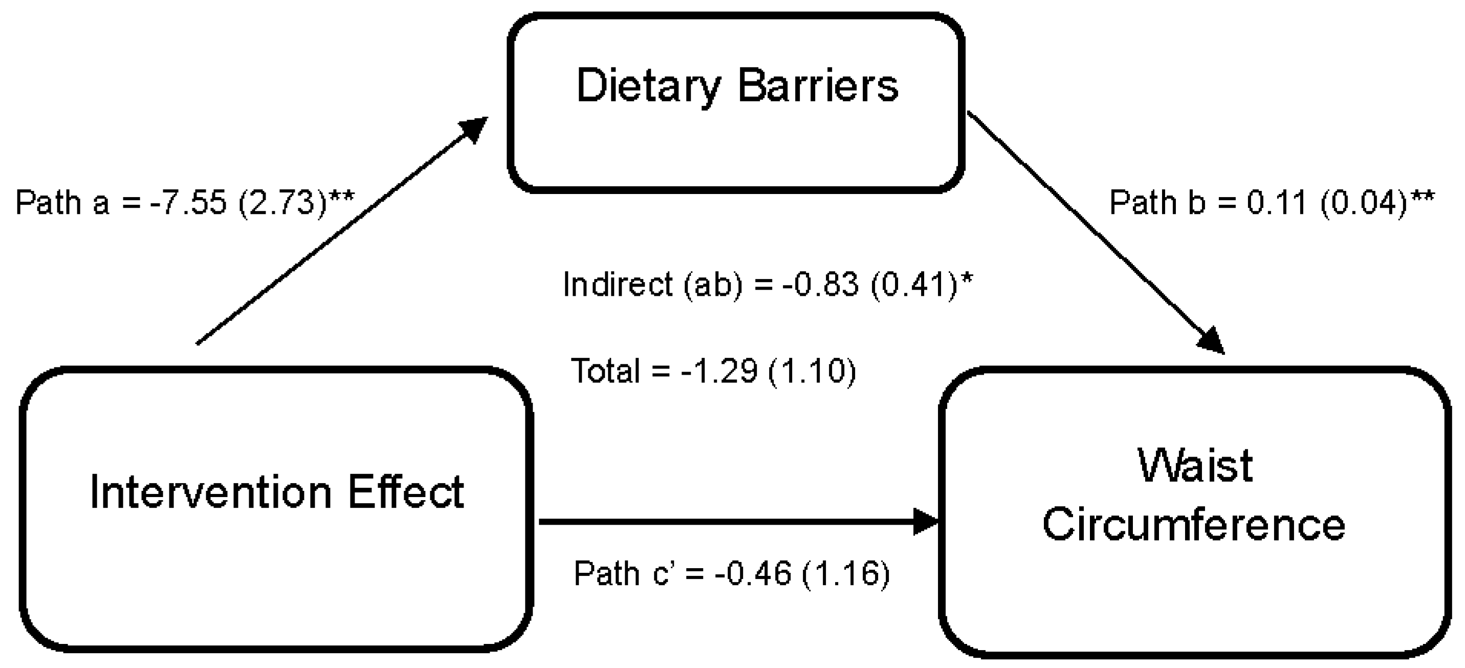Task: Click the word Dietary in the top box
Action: point(648,87)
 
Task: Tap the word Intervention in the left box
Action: point(210,492)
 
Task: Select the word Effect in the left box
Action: point(406,492)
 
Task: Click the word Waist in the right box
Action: point(1195,466)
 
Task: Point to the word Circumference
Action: point(1194,524)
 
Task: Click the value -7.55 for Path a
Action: point(188,203)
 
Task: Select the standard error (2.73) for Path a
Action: point(283,203)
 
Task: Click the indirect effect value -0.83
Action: point(820,285)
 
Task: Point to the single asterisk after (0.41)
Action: point(966,279)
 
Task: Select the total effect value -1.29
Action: point(719,372)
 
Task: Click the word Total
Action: point(605,372)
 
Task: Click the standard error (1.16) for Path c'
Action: point(846,573)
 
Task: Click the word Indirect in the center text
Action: point(618,285)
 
